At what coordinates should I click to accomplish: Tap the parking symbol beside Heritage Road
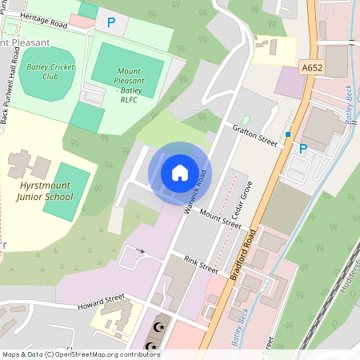110,23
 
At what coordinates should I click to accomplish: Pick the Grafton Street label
255,138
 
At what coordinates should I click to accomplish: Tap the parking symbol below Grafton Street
302,148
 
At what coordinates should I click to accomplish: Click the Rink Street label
201,264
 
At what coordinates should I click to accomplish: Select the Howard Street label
103,302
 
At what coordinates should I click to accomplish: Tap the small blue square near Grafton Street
287,134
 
